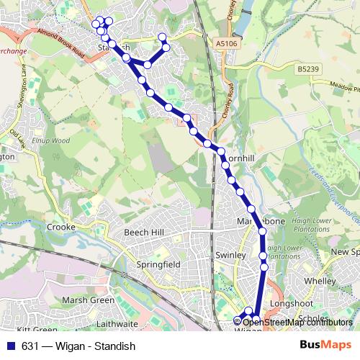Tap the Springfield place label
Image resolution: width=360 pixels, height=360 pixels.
tap(159, 265)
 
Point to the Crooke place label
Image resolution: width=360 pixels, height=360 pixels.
tap(61, 227)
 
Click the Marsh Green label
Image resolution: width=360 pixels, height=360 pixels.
tap(88, 300)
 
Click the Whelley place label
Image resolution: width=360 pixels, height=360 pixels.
tap(320, 280)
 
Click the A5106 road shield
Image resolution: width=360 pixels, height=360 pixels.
tap(226, 44)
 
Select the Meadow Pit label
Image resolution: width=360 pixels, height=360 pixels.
tap(344, 85)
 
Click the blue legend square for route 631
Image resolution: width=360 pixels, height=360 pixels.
tap(10, 346)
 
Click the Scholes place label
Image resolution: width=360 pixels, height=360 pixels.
tap(313, 318)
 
